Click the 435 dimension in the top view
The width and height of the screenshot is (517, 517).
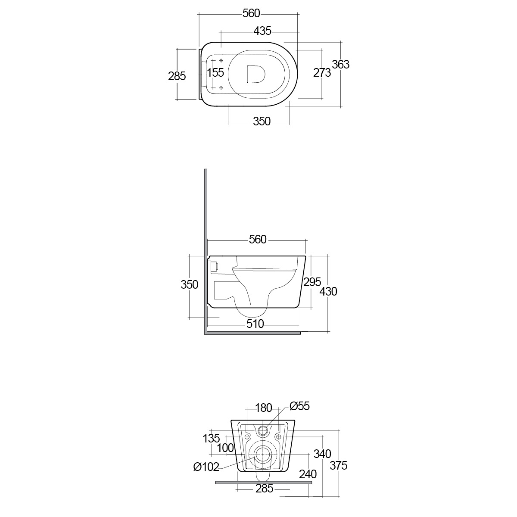(x=262, y=31)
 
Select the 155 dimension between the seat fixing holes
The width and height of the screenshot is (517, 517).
(x=216, y=72)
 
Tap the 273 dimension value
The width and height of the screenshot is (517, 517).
(x=322, y=73)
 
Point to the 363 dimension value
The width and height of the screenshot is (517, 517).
(x=340, y=65)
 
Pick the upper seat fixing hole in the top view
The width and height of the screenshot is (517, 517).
(x=221, y=60)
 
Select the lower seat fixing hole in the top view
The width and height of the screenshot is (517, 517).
(x=221, y=88)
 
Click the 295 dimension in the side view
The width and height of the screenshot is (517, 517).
(x=312, y=282)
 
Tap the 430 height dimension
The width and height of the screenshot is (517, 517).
(x=328, y=292)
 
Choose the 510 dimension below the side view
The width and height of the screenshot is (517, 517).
(x=255, y=324)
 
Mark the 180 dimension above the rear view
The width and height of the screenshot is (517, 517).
(x=264, y=408)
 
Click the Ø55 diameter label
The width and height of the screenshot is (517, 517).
(x=300, y=406)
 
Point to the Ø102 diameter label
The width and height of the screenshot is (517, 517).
(x=206, y=466)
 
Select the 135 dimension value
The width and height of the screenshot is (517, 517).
(x=212, y=438)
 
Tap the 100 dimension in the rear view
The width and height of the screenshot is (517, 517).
(x=225, y=448)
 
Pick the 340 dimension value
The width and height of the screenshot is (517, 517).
(x=322, y=454)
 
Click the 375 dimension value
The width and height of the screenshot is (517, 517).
(x=339, y=465)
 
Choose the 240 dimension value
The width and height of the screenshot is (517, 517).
(x=308, y=474)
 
